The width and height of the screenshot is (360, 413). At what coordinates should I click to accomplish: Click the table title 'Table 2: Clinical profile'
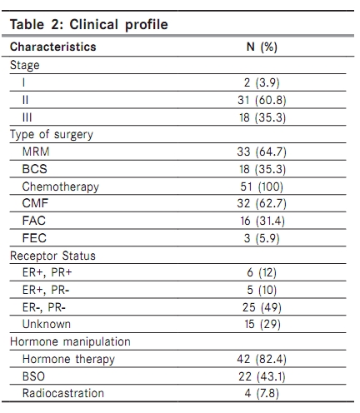coord(89,24)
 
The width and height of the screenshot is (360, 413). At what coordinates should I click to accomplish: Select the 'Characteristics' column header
coord(52,47)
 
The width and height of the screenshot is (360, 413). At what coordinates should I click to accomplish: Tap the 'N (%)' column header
coord(262,47)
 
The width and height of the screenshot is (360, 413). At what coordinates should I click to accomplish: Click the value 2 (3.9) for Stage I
coord(262,82)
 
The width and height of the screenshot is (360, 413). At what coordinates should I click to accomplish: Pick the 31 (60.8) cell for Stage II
coord(262,100)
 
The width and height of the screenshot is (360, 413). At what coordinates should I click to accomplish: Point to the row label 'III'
coord(27,117)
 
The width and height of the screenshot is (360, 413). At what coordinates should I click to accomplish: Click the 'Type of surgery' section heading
coord(52,135)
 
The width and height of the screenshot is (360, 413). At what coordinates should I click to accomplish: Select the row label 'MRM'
coord(36,152)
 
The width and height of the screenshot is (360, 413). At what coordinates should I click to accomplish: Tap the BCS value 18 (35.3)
coord(262,169)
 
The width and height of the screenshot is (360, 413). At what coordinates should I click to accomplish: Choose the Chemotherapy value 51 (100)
coord(262,187)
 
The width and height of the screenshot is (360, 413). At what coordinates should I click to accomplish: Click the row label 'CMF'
coord(35,203)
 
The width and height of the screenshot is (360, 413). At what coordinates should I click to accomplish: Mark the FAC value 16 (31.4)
coord(262,221)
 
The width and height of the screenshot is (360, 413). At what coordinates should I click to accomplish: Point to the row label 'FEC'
coord(34,238)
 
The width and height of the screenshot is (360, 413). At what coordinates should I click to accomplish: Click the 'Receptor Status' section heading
coord(52,256)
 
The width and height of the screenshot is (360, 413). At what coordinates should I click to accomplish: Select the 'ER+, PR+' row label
coord(47,272)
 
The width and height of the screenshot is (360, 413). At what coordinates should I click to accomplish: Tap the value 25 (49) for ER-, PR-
coord(262,307)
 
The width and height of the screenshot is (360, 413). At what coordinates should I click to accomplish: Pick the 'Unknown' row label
coord(47,324)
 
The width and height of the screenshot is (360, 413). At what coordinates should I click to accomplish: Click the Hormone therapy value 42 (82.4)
coord(262,359)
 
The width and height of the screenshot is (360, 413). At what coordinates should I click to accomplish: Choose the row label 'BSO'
coord(33,376)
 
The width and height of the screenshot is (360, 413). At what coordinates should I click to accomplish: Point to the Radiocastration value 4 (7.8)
coord(262,393)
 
